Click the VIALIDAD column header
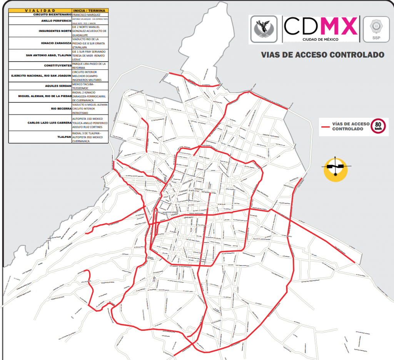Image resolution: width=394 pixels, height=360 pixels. tap(40, 10)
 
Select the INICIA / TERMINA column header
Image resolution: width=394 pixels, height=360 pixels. tap(89, 10)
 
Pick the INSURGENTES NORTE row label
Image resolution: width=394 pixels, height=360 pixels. tap(55, 31)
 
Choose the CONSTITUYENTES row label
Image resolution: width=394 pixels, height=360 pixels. tap(58, 65)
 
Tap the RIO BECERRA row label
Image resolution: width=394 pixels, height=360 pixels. tap(61, 109)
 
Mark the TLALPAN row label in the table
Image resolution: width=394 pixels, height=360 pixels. tap(64, 137)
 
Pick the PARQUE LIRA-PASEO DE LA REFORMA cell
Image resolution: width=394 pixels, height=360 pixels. tap(89, 65)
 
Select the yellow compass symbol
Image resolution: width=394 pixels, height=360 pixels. tap(336, 168)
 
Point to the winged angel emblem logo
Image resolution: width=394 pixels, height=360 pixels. tap(264, 29)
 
